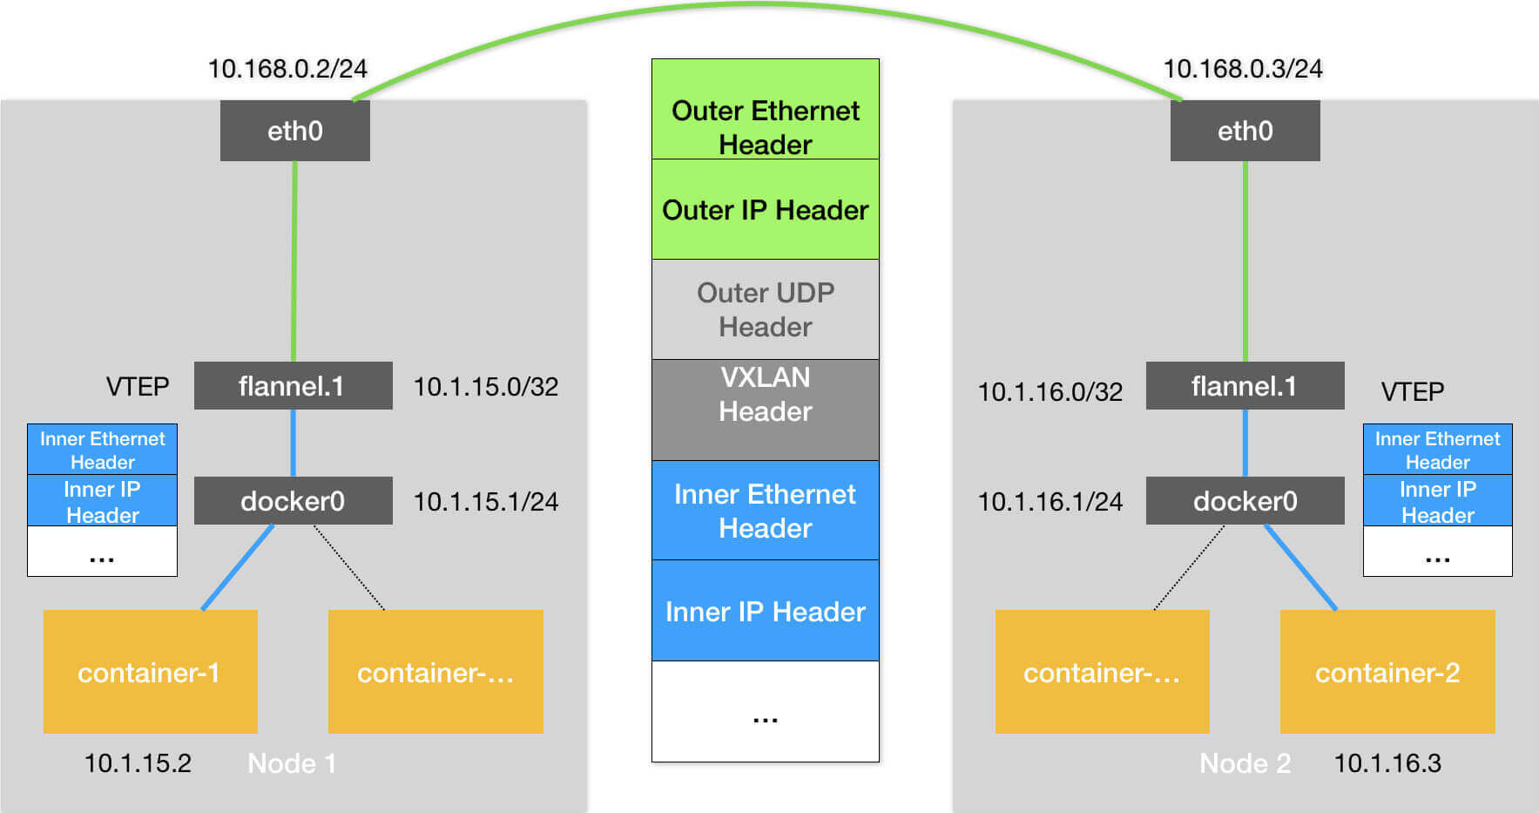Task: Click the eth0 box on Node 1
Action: [294, 131]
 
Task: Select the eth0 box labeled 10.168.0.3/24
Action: [1245, 131]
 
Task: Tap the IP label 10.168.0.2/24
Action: [287, 69]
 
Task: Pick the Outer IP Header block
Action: [765, 210]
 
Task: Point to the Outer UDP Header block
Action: [765, 309]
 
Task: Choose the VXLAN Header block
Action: [765, 410]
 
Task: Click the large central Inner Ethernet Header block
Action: [765, 511]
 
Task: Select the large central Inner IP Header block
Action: [765, 611]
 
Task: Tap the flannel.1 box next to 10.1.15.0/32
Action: [293, 386]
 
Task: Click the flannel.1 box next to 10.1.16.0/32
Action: [1245, 386]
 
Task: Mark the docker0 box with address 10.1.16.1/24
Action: [1245, 501]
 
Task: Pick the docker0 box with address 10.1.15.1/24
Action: [293, 501]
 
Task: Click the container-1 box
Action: [150, 672]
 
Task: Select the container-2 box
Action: [1387, 672]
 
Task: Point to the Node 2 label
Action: [1245, 763]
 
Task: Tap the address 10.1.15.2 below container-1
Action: [138, 763]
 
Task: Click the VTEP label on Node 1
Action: [138, 386]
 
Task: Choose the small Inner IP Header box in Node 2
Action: [1437, 501]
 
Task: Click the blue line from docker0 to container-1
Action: [237, 567]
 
